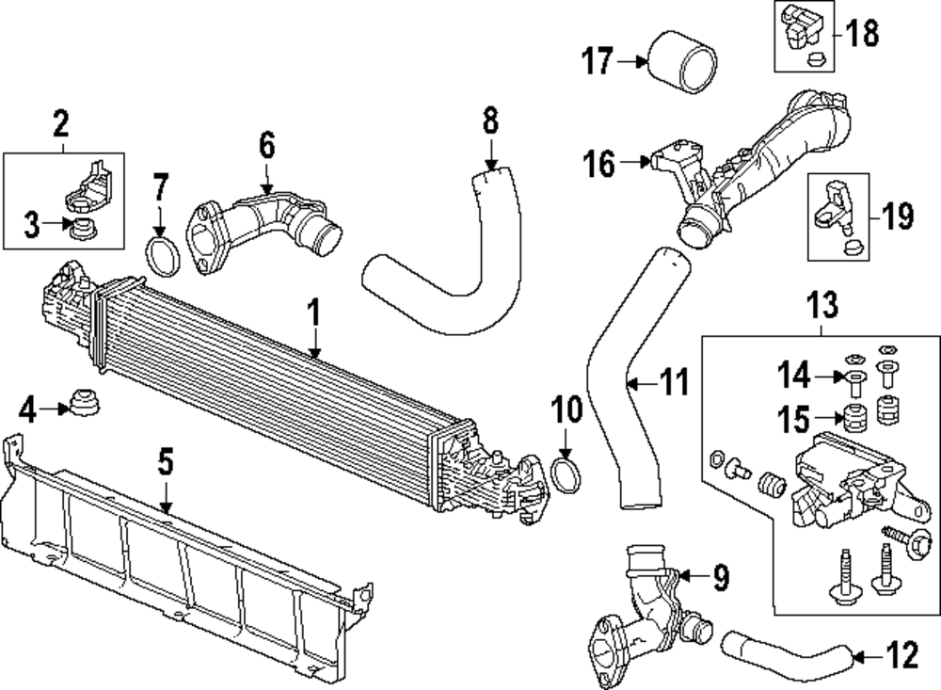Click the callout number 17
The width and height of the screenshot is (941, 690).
coord(598,62)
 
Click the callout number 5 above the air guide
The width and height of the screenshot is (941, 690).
coord(166,461)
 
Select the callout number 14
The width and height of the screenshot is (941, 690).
coord(792,377)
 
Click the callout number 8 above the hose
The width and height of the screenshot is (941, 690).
coord(490,120)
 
